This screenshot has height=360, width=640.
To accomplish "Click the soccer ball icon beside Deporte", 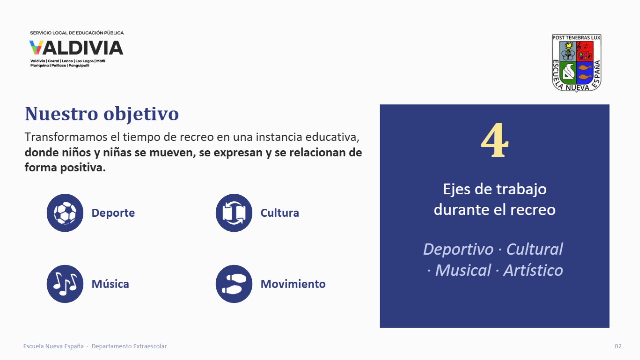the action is coord(65,213).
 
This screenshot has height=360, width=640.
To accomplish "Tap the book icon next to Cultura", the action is coord(234,213).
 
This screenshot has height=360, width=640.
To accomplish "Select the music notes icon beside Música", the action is coord(65,284).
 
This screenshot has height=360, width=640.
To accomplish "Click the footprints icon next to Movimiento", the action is coord(234,284).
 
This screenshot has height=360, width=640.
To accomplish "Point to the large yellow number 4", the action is coord(495,140).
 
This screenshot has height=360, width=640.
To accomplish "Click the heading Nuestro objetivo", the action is coord(102,114).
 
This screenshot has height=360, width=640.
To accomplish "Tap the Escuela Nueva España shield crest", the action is coord(577,63).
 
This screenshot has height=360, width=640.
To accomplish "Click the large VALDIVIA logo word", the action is coord(76,48).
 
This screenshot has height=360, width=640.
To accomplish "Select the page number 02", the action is coord(618,346).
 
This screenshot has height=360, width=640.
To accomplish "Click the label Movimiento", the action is coord(293,284).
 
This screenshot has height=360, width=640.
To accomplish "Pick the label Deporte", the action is coord(113,213).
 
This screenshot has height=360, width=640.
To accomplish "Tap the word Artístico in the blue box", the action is coord(533,270).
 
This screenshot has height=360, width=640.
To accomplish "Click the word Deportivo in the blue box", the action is coord(458,249).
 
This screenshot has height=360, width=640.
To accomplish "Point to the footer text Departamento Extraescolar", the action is coord(129,346).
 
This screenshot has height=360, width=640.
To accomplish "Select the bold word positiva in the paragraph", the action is coord(83,168).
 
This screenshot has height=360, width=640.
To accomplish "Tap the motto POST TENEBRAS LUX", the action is coord(577,38).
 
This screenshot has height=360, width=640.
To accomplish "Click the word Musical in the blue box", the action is coord(463,270).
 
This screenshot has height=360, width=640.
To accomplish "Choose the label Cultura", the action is coord(280,213).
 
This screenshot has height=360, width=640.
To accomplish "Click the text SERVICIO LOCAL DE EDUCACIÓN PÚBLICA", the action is coord(77,33).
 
